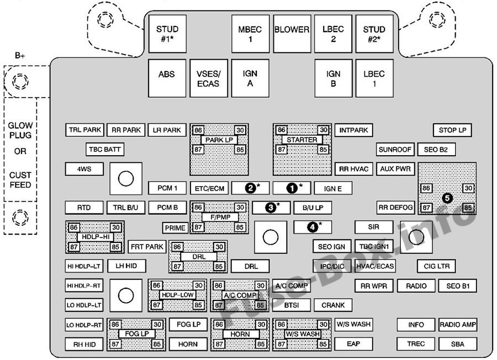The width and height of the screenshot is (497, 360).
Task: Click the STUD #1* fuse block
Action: coord(167,34)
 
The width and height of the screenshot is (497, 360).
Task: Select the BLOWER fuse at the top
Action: coord(292,34)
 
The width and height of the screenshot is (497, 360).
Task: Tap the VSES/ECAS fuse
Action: coord(209,78)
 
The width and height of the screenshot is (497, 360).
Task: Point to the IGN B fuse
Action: coord(333,78)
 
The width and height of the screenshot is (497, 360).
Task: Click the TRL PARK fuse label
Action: coord(84,130)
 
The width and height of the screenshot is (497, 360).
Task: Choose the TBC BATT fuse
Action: coord(104,149)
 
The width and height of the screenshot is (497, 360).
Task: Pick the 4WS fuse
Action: coord(84,169)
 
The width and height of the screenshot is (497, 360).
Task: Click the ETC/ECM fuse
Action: coord(209,188)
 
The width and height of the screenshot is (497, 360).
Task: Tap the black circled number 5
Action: coord(447,198)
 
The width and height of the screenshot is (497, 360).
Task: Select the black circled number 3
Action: coord(271,208)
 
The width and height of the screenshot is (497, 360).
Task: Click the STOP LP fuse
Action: coord(452,130)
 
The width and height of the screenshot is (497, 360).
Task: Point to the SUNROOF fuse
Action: coord(395,149)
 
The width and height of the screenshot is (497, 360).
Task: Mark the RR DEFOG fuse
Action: coord(395,208)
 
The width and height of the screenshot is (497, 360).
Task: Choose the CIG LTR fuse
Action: coord(436,266)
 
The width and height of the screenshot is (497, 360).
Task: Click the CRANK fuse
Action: coord(333,305)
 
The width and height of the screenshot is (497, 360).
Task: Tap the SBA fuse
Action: coord(458,344)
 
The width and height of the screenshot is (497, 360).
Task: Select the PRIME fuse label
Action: coord(175,227)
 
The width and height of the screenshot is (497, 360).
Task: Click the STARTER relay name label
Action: coord(302,140)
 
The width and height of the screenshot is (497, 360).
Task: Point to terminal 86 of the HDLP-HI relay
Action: coord(73,227)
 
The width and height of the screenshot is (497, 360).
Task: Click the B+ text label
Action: coord(20,56)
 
